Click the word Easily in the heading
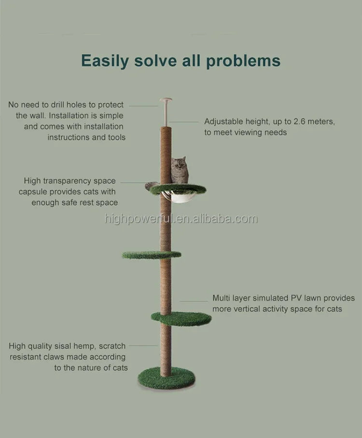coord(105,61)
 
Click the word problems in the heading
coord(243,61)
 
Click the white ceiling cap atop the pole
coord(166,100)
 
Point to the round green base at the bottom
coord(167,378)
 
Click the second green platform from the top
coord(152,254)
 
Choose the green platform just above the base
coord(181,319)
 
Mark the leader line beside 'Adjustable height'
coord(183,122)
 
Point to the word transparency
coord(68,181)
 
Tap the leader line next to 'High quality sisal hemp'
coord(143,346)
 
